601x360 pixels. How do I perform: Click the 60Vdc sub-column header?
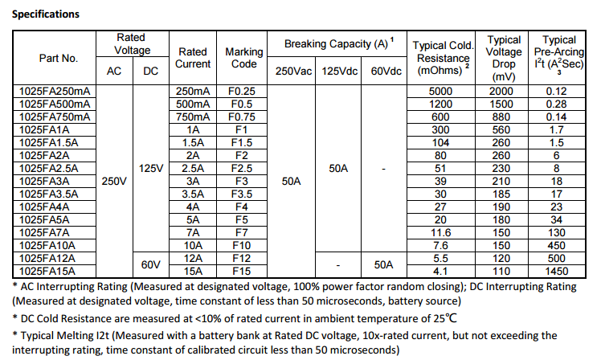[x=385, y=72]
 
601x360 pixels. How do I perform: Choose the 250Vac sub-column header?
[x=292, y=72]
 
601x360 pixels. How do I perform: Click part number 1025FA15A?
[x=49, y=272]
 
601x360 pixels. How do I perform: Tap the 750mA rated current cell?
[x=193, y=117]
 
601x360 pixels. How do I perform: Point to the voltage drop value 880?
[x=505, y=117]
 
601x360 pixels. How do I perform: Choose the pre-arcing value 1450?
[x=558, y=272]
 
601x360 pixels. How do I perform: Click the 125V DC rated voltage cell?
[x=150, y=168]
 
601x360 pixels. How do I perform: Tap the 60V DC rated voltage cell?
[x=150, y=264]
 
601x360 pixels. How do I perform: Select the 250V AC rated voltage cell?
[x=114, y=181]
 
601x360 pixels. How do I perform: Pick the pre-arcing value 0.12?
[x=558, y=91]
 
